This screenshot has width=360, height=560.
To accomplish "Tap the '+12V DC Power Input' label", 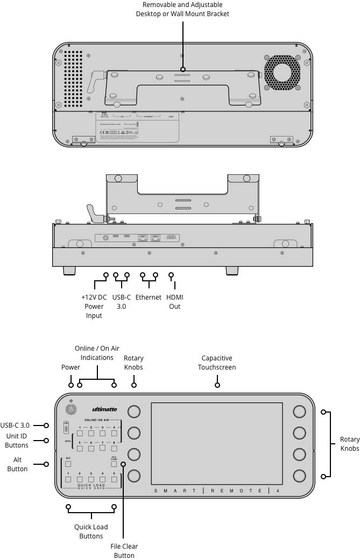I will (x=94, y=306).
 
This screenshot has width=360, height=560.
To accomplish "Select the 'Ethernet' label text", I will (x=148, y=297).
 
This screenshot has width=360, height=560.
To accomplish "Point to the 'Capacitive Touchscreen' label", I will (x=217, y=363).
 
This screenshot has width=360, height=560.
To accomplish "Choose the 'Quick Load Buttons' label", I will (x=91, y=531).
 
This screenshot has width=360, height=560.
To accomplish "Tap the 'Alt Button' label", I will (x=17, y=464).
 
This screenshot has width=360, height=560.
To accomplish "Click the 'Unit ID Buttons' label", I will (x=17, y=441).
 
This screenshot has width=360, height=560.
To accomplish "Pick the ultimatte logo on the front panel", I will (x=104, y=409).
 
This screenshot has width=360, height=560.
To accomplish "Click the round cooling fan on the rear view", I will (x=283, y=72).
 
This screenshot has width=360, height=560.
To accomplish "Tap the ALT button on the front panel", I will (x=68, y=463).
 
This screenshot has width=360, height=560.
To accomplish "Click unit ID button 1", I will (x=80, y=433).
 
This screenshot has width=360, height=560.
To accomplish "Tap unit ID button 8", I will (x=114, y=448).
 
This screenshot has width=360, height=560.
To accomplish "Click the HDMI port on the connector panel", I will (x=171, y=237).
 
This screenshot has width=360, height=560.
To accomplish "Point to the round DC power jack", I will (x=105, y=237).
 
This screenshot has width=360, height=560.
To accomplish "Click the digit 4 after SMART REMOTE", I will (x=277, y=491).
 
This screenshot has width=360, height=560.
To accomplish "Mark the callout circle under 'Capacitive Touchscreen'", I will (x=217, y=385).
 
